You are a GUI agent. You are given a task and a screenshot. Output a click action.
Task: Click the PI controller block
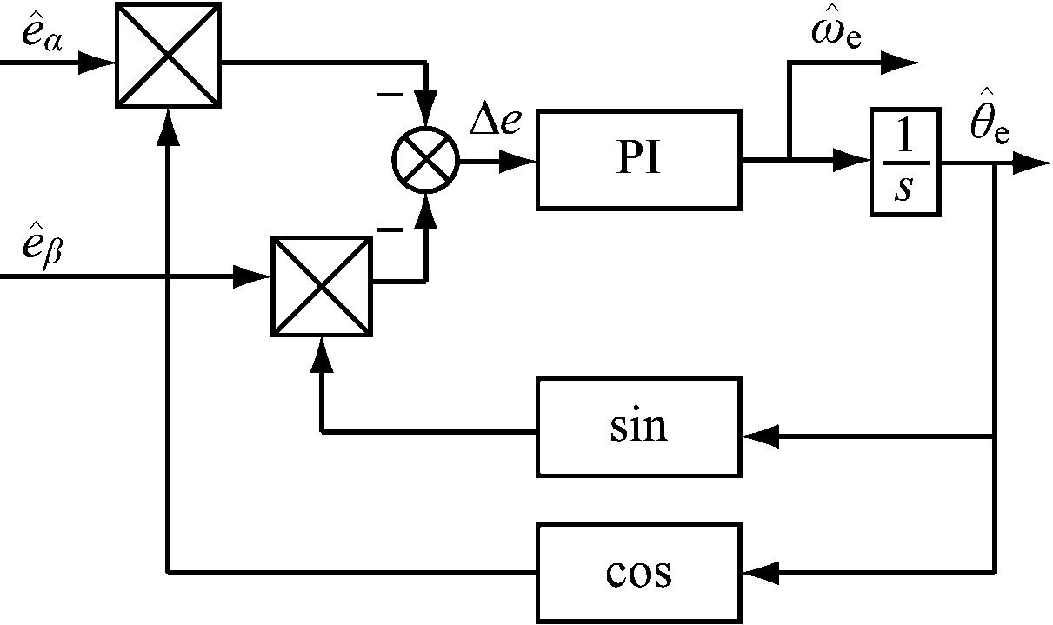tap(639, 160)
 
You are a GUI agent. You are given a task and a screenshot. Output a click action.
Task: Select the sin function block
tap(639, 427)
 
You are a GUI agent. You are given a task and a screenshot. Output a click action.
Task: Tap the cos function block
tap(639, 573)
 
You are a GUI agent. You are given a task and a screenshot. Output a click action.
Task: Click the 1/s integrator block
tap(905, 162)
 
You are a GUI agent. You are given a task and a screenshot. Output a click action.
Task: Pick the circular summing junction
tap(425, 161)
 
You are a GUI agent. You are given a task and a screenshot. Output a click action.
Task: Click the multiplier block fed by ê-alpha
tap(168, 55)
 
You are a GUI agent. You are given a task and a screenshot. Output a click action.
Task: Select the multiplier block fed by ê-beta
tap(322, 285)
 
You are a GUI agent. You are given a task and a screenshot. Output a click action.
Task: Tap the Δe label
tap(495, 123)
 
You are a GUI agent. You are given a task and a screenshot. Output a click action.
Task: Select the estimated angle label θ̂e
tap(989, 128)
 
